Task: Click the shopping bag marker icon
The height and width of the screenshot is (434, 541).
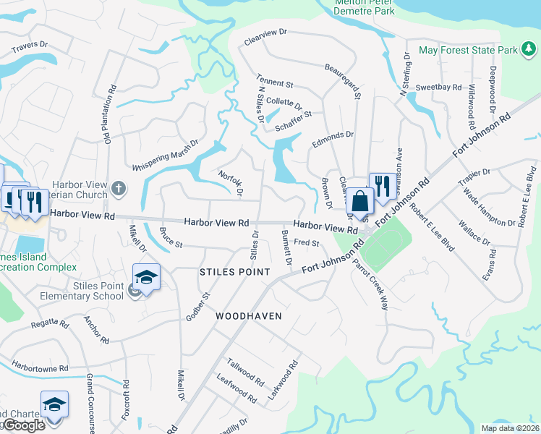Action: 359,200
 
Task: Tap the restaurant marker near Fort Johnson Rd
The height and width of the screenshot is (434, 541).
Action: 381,185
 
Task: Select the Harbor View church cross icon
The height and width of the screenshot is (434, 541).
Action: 119,190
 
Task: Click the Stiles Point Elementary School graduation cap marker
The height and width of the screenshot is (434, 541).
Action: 146,278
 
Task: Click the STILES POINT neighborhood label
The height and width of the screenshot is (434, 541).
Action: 234,272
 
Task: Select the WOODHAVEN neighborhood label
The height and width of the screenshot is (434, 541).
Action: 247,316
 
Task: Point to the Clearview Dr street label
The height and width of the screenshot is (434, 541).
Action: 266,38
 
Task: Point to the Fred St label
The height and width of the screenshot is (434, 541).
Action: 307,243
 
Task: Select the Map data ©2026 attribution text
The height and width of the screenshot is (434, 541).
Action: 510,428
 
